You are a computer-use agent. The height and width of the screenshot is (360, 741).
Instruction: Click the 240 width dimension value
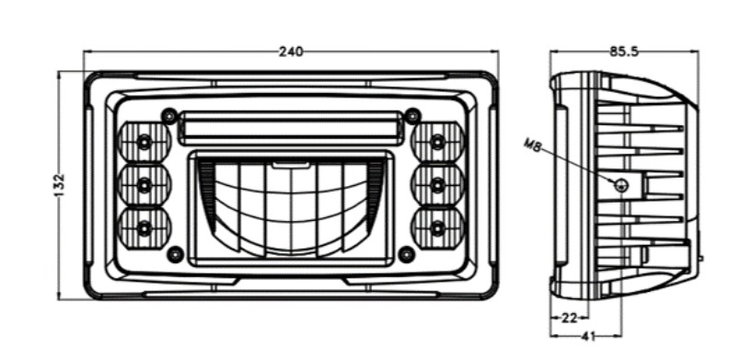click(291, 52)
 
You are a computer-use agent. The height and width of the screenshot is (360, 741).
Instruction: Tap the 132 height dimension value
click(59, 185)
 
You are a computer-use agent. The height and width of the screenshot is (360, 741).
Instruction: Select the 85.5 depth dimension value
click(624, 52)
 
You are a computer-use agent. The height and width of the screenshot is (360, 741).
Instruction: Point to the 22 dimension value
click(569, 318)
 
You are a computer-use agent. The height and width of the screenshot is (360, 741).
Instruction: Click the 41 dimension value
click(586, 336)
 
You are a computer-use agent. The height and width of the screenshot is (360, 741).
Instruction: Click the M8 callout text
click(533, 145)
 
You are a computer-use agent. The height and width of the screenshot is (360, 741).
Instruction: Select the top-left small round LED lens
click(144, 141)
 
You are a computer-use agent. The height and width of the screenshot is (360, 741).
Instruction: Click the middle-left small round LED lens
click(144, 185)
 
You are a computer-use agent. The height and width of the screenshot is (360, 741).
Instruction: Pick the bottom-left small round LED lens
click(144, 228)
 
